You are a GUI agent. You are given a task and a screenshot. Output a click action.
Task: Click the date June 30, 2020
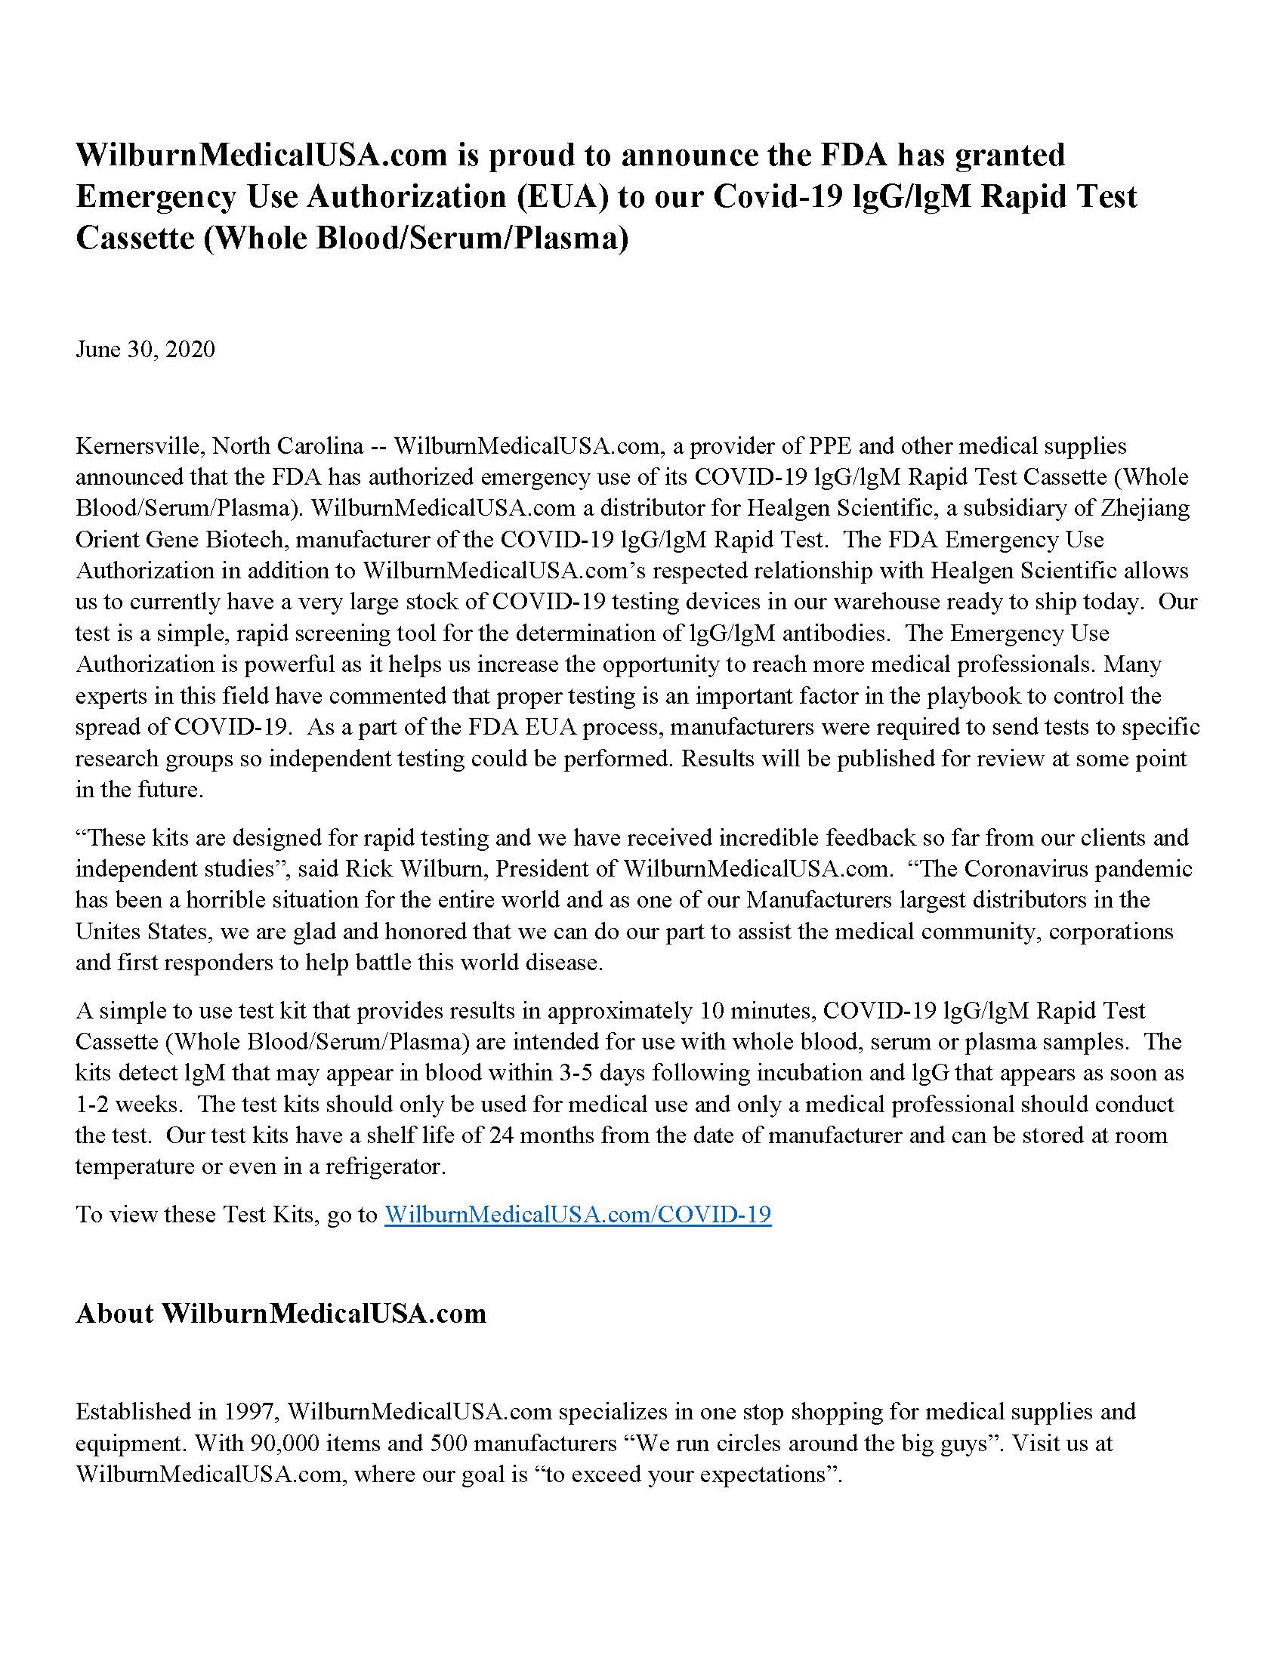pos(144,349)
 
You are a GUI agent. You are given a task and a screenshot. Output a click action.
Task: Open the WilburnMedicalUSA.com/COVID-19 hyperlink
pos(577,1214)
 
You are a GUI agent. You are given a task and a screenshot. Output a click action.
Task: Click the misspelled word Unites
pos(107,931)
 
